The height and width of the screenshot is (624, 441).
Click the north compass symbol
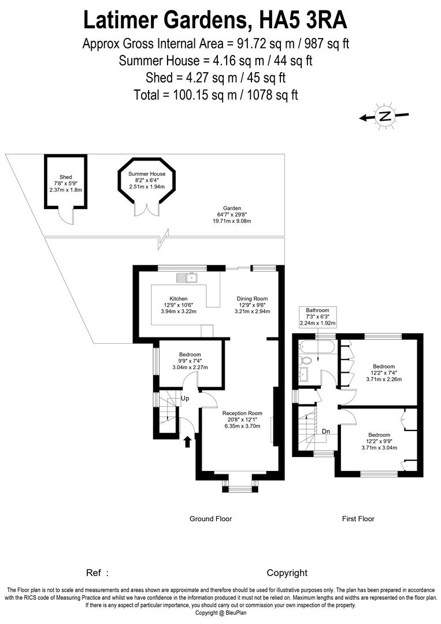tap(384, 116)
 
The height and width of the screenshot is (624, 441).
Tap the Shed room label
tap(65, 183)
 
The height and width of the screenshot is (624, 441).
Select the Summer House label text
tap(147, 180)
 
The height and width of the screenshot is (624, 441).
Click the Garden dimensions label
tap(232, 214)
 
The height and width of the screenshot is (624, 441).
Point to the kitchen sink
tap(189, 278)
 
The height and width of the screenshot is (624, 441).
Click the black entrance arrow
tap(187, 441)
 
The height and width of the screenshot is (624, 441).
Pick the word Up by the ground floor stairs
tap(186, 399)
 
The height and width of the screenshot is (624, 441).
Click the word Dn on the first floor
tap(326, 430)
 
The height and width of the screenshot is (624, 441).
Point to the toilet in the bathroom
tap(306, 360)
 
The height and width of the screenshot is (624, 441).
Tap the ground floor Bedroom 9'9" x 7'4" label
tap(190, 361)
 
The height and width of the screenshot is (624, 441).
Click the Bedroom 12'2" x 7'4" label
tap(384, 373)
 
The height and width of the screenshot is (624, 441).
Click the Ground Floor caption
tap(210, 519)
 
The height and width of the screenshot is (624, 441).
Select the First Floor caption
tap(358, 519)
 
